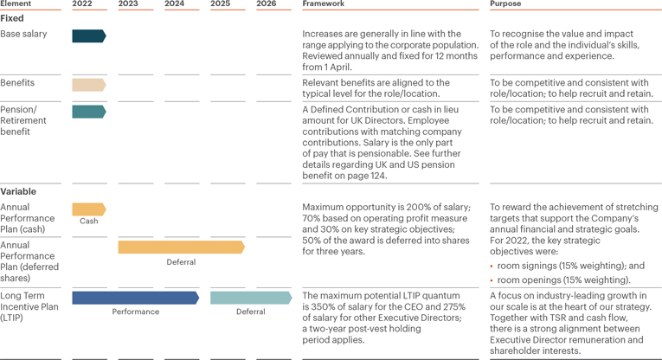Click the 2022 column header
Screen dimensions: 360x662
tap(82, 4)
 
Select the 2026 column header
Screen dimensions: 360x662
tap(267, 4)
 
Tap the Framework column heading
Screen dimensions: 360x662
tap(323, 4)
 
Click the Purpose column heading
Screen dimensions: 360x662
tap(505, 4)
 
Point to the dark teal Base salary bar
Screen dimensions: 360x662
tap(88, 36)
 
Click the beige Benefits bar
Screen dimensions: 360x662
tap(88, 85)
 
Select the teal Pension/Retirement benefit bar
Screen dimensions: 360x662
tap(88, 112)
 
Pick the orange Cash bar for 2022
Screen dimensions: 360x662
tap(88, 209)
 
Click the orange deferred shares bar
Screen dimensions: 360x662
tap(181, 247)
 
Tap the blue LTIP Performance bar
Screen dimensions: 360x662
tap(135, 298)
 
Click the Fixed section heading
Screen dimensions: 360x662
tap(12, 18)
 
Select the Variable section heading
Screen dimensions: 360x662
tap(17, 191)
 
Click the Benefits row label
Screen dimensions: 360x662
tap(17, 83)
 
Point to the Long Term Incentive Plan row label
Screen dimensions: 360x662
tap(29, 307)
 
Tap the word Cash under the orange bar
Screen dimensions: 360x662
tap(88, 222)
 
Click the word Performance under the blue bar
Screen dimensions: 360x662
tap(135, 312)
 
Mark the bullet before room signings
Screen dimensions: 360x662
tap(492, 267)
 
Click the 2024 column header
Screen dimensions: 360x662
tap(174, 4)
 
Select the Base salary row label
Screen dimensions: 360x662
tap(23, 35)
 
